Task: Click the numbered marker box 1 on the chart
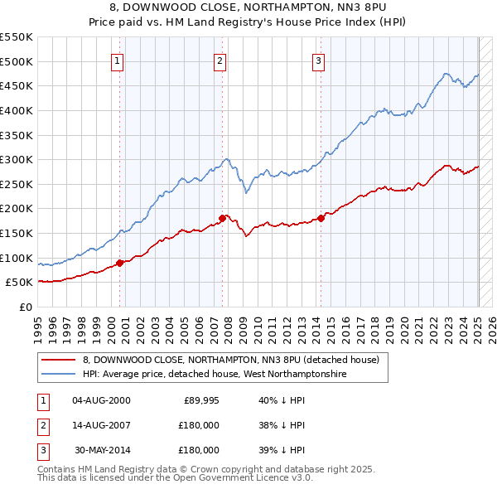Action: coord(118,61)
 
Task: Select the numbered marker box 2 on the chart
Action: coord(220,61)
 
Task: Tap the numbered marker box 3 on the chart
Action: coord(319,61)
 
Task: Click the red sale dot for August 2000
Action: coord(119,263)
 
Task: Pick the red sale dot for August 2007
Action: coord(222,218)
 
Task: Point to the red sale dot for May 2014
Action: coord(321,219)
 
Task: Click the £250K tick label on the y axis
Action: coord(16,184)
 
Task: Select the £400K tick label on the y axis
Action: coord(16,110)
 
